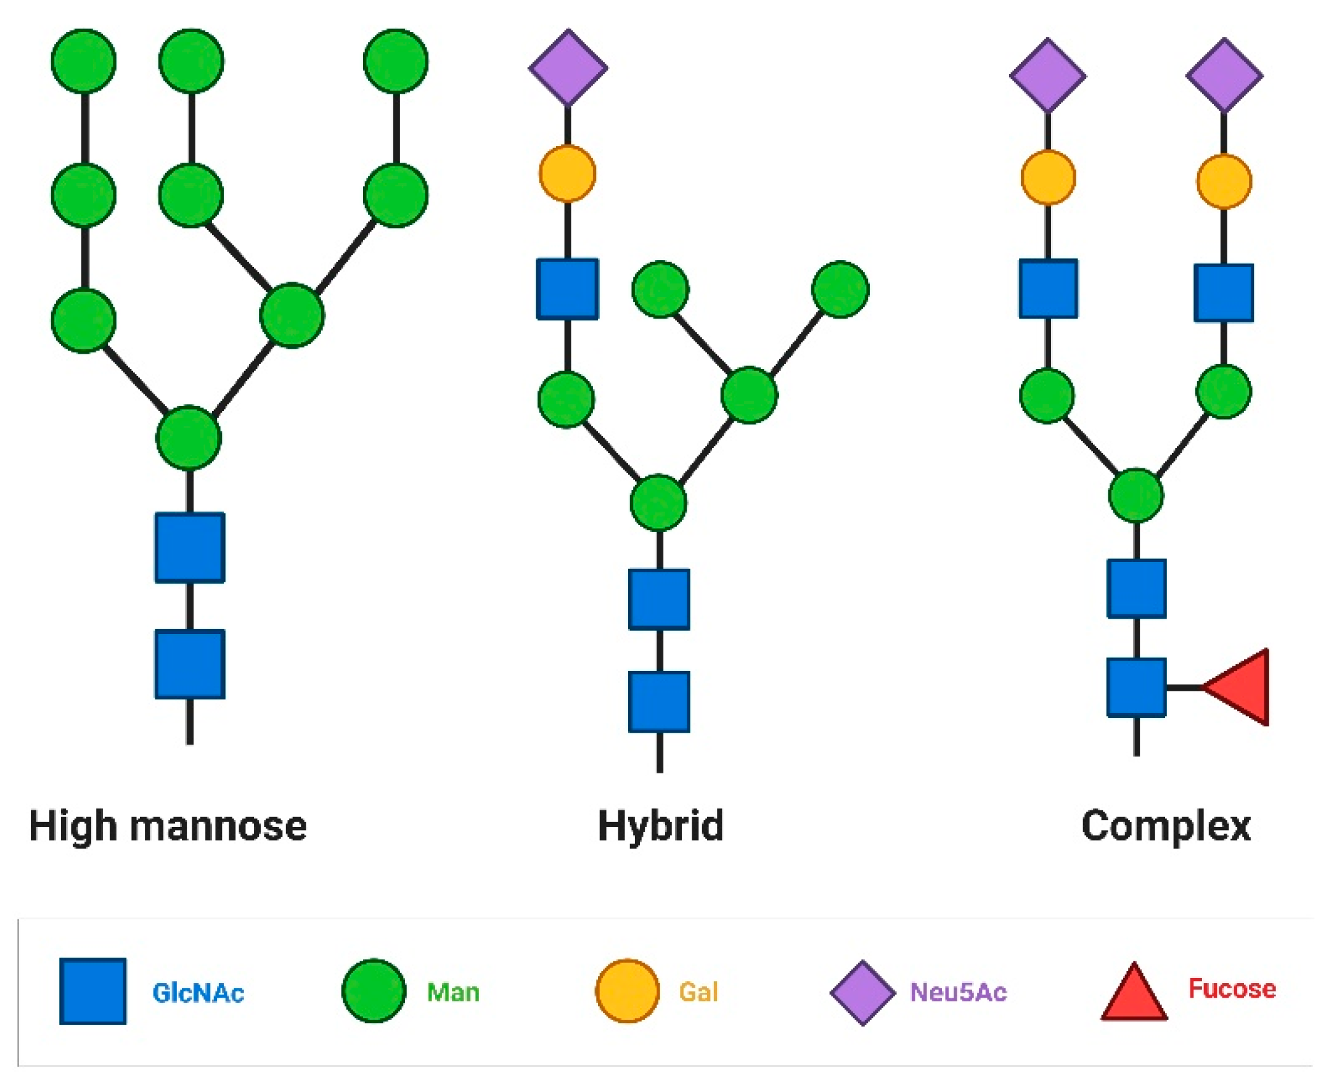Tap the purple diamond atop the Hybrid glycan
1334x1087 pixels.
567,67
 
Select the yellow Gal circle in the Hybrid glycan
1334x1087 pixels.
567,173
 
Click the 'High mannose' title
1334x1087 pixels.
168,826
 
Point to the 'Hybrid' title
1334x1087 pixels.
660,826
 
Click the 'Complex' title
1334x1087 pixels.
1166,826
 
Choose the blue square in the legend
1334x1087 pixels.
92,991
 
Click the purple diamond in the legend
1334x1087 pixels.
862,993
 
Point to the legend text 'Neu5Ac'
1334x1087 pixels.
957,993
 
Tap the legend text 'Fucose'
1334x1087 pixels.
1232,988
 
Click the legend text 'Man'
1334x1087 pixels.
453,993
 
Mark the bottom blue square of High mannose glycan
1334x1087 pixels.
190,664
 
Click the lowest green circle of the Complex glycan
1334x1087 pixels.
1136,495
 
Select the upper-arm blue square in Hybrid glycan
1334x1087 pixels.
567,289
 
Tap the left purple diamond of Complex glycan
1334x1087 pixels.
1048,75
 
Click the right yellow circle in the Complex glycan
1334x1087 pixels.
1224,182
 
